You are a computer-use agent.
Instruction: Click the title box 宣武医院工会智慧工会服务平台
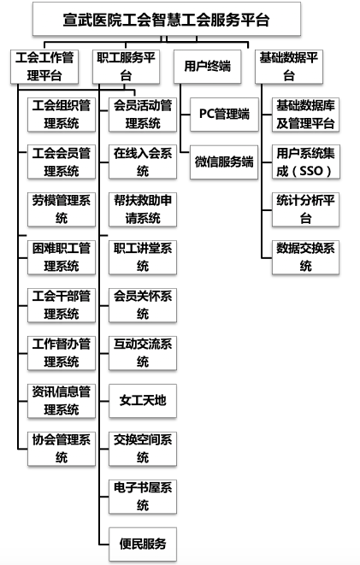[167, 19]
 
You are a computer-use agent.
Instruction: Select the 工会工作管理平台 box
[44, 67]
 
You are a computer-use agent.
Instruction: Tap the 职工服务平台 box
[126, 67]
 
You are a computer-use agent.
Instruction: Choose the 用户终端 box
[207, 67]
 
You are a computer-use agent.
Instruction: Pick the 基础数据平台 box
[289, 67]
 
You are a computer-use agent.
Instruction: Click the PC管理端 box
[224, 115]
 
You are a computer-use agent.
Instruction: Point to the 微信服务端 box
[224, 162]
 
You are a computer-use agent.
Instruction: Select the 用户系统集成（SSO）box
[305, 162]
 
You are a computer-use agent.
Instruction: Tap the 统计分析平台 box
[305, 209]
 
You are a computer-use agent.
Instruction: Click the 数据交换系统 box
[305, 257]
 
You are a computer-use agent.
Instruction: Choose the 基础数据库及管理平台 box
[305, 115]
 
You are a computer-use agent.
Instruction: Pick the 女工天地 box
[143, 401]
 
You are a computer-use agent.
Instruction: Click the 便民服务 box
[143, 544]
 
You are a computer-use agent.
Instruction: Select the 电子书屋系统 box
[143, 497]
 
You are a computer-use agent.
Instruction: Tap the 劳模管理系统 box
[62, 209]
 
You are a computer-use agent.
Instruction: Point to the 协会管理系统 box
[62, 449]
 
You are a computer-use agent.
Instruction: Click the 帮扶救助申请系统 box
[143, 209]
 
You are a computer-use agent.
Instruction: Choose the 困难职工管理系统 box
[62, 257]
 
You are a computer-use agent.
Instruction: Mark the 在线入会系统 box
[143, 162]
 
